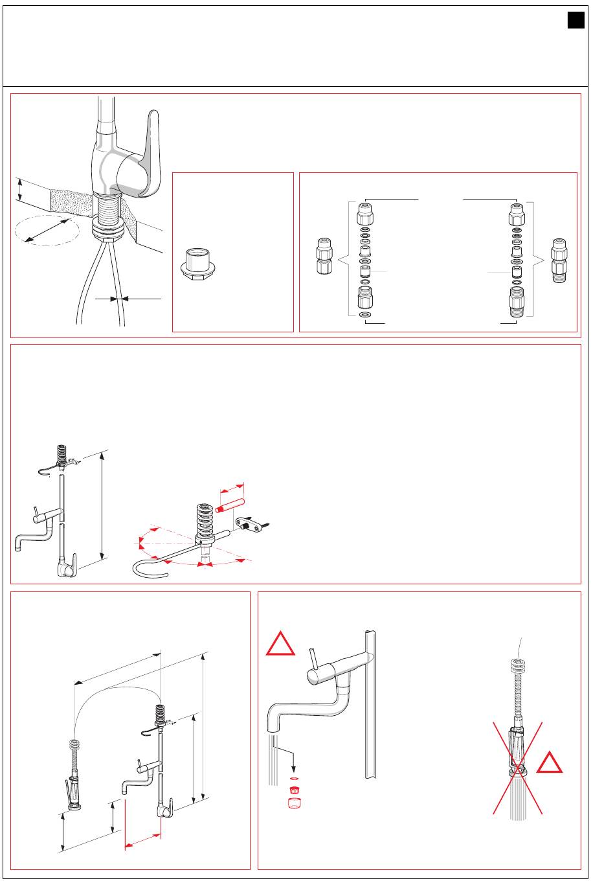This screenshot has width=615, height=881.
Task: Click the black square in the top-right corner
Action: coord(576,21)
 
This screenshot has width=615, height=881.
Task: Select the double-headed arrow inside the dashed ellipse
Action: coord(47,232)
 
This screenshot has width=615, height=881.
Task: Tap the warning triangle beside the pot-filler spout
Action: coord(281,643)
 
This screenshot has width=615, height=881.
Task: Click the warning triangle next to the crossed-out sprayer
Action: coord(549,762)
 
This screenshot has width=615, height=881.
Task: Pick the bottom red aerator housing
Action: coord(295,803)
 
